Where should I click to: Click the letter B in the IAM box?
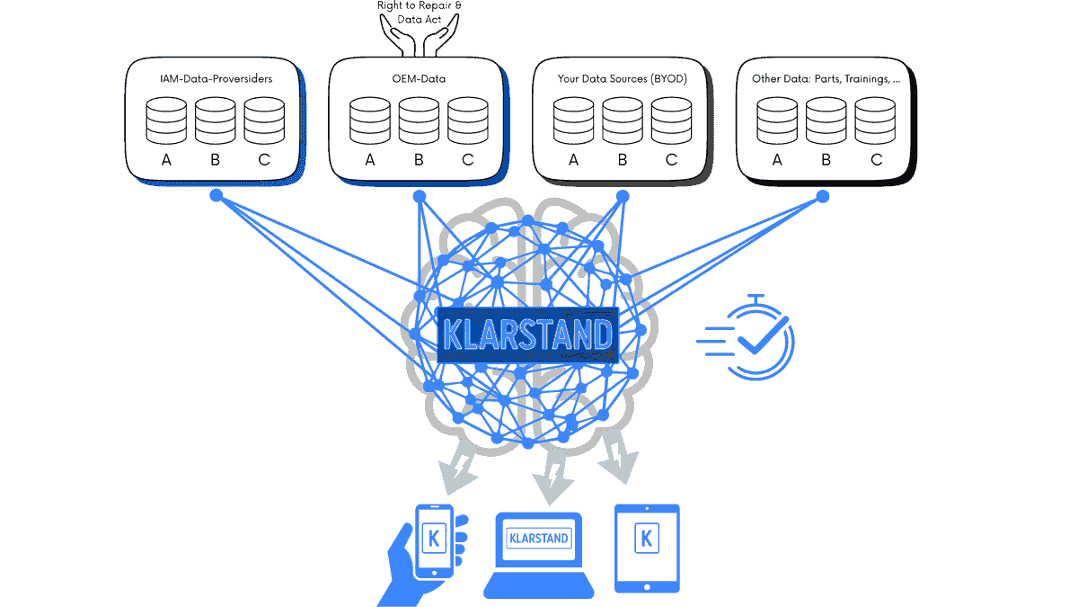[x=215, y=161]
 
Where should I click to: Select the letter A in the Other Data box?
[x=777, y=161]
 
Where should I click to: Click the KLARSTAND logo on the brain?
[x=526, y=335]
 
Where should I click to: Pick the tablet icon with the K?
[x=646, y=547]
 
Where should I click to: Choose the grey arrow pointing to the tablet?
[x=618, y=454]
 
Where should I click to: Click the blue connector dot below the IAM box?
[x=216, y=195]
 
